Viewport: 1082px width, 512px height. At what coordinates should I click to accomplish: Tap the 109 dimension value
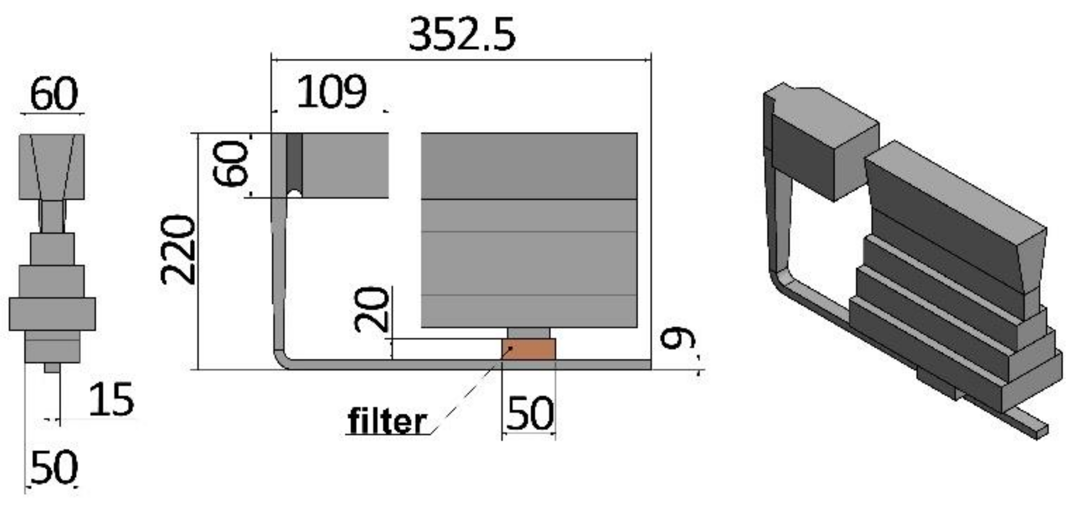[331, 92]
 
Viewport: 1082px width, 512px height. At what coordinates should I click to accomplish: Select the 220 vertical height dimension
[178, 251]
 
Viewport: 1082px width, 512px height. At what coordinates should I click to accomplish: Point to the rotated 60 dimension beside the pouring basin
[230, 163]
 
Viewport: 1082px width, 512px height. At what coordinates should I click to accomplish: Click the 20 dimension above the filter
[372, 309]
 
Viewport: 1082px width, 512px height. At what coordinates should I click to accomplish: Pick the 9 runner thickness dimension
[677, 339]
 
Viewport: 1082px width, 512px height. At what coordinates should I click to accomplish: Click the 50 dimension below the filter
[529, 414]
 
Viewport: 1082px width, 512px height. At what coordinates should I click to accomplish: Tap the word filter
[387, 421]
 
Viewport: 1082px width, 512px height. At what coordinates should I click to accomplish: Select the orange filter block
[529, 349]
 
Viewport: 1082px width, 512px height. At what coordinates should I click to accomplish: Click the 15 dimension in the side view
[111, 399]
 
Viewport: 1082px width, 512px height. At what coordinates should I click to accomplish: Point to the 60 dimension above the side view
[54, 94]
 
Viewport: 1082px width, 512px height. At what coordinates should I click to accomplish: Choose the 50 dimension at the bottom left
[54, 467]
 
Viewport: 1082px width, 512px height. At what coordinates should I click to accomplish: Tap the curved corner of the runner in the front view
[281, 359]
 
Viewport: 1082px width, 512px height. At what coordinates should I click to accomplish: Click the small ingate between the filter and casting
[528, 333]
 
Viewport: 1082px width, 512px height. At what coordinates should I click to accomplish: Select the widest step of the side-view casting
[52, 314]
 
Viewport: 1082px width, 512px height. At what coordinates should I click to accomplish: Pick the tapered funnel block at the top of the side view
[52, 167]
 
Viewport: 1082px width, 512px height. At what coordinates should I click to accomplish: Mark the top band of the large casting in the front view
[529, 166]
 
